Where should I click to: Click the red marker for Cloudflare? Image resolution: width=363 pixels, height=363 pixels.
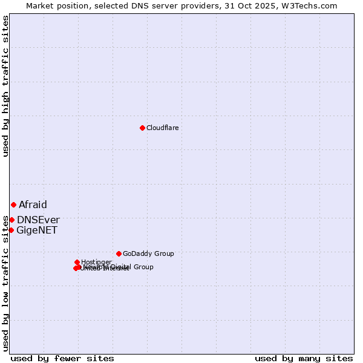[142, 128]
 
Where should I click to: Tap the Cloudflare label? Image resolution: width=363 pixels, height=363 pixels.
[162, 128]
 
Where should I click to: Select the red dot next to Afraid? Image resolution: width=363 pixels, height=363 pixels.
[13, 204]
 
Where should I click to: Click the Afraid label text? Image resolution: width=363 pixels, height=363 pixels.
[33, 204]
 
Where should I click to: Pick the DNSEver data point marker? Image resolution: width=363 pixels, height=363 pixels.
[11, 220]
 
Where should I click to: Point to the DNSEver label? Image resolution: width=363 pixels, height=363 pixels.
[38, 220]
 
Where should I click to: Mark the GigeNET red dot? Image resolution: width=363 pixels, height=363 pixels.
[11, 230]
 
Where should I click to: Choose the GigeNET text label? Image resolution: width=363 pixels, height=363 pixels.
[37, 230]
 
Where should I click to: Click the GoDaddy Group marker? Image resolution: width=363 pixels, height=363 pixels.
[119, 253]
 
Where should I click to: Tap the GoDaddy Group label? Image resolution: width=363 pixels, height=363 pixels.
[148, 253]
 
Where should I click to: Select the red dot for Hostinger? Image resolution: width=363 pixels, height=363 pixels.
[77, 262]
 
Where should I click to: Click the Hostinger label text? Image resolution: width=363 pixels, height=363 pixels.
[96, 262]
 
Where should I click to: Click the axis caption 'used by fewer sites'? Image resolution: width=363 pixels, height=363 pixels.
[62, 358]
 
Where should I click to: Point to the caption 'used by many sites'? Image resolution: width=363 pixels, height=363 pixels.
[304, 358]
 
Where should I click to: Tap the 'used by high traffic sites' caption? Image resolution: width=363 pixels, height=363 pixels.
[5, 86]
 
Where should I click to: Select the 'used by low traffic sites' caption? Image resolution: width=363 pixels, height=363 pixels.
[5, 285]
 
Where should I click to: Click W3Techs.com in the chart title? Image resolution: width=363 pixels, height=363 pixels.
[312, 5]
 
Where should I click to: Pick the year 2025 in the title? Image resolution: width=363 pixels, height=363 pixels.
[271, 5]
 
